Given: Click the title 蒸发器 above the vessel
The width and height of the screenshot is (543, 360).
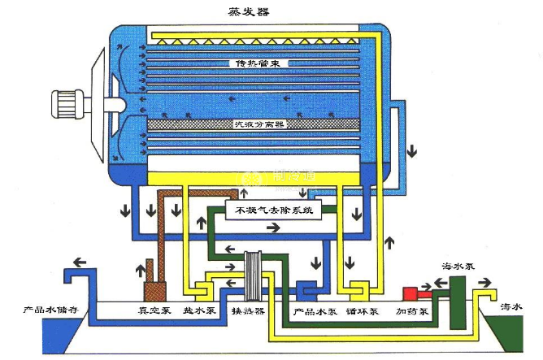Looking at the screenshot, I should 250,11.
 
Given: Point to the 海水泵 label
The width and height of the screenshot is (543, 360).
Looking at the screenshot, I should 456,265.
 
